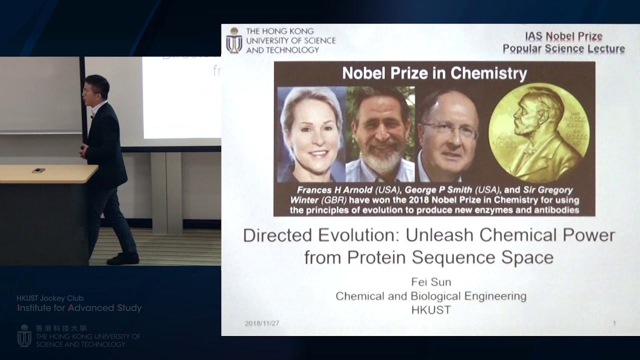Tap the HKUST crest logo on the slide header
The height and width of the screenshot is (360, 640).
[234, 40]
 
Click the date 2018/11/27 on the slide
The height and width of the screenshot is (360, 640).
[262, 323]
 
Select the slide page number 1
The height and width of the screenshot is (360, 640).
[614, 323]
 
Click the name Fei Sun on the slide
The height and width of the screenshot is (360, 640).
[431, 282]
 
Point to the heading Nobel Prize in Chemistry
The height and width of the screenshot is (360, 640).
[434, 74]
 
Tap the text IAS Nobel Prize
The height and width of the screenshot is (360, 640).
[563, 36]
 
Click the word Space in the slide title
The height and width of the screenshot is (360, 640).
[528, 257]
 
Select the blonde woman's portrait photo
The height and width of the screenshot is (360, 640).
[311, 135]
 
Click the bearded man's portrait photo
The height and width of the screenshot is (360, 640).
[380, 135]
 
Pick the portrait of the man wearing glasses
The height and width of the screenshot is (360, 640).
[449, 135]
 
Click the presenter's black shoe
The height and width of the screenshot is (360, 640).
[123, 258]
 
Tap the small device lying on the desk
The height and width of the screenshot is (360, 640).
[38, 170]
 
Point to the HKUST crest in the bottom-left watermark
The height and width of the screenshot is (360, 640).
[24, 335]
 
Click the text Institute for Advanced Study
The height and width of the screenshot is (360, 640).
[79, 308]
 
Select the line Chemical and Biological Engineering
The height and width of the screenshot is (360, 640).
[431, 296]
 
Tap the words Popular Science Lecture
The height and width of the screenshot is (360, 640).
[563, 49]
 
